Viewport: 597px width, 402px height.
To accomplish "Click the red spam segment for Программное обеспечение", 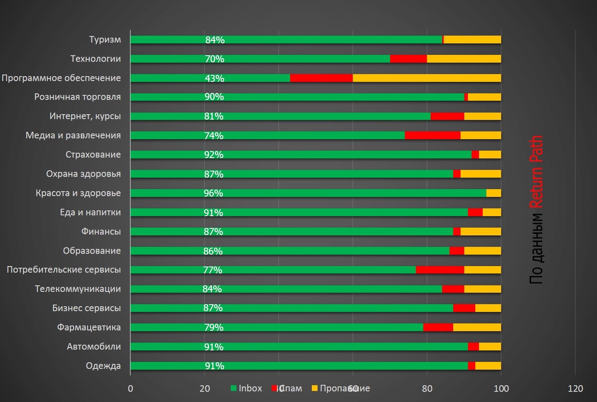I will [x=321, y=78].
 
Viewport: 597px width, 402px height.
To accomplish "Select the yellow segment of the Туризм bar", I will [x=472, y=40].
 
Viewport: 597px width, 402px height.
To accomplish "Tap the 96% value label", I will [x=213, y=193].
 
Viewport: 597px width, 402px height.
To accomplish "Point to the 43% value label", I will [x=214, y=78].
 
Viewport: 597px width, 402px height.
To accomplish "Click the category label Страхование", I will [x=93, y=155].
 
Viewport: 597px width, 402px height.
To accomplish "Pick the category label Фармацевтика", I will [x=89, y=327].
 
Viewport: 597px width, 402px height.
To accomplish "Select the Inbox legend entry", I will [x=246, y=388].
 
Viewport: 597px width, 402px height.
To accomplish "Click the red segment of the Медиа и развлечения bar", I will [x=432, y=136].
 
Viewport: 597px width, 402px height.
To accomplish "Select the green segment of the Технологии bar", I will [x=260, y=59].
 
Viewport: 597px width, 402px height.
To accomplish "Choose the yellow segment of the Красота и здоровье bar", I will [x=493, y=193].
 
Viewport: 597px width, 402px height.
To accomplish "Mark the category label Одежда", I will [x=103, y=366].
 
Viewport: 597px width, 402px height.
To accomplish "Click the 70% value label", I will [x=214, y=59].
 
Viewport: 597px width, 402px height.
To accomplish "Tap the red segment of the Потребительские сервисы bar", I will [x=440, y=270].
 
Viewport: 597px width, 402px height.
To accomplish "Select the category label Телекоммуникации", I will [x=78, y=289].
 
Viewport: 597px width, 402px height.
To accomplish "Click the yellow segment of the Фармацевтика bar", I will [x=477, y=327].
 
